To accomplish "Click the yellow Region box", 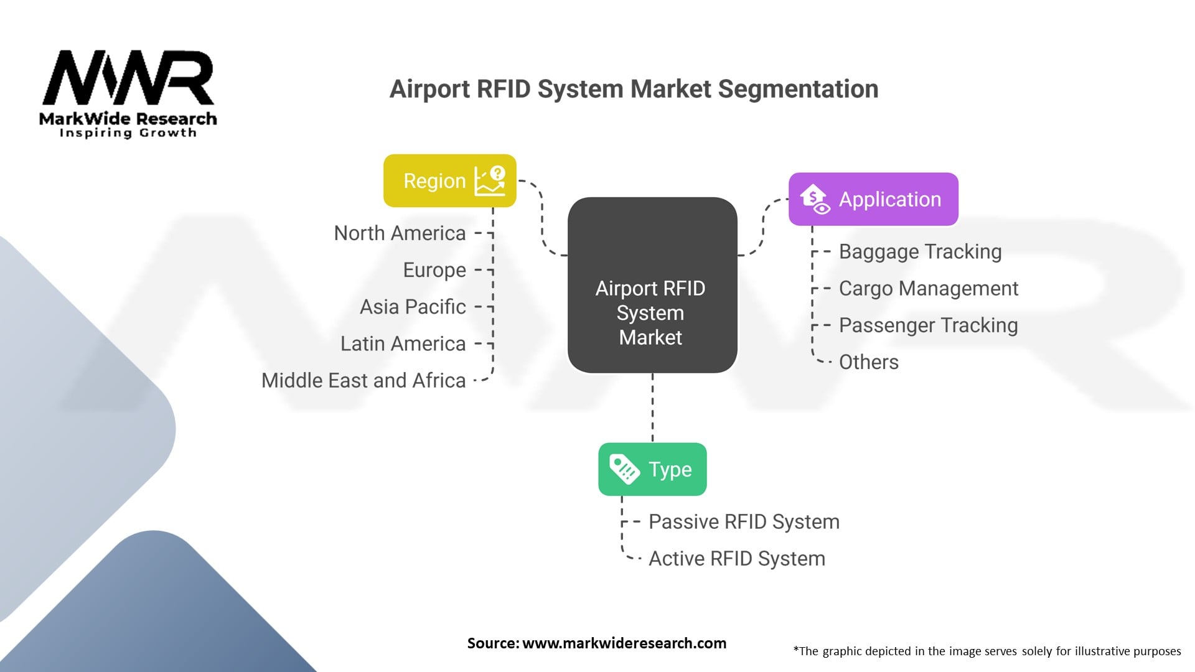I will (449, 180).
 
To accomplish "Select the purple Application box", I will (873, 199).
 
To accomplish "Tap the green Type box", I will (652, 469).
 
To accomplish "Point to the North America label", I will (400, 233).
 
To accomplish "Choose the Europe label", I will (434, 270).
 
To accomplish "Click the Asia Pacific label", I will (413, 307).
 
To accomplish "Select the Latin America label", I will (403, 343).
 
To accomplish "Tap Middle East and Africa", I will (363, 380).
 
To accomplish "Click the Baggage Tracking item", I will (920, 251).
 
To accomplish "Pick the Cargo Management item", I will (928, 288).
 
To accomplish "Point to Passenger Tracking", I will (928, 325).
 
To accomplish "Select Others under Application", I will (868, 362).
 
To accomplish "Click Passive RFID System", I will (744, 521).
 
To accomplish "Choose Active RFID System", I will (737, 558).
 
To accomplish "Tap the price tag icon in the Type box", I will (624, 469).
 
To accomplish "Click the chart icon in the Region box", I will (490, 180).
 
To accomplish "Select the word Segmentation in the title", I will (798, 89).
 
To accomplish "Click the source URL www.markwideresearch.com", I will (624, 643).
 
